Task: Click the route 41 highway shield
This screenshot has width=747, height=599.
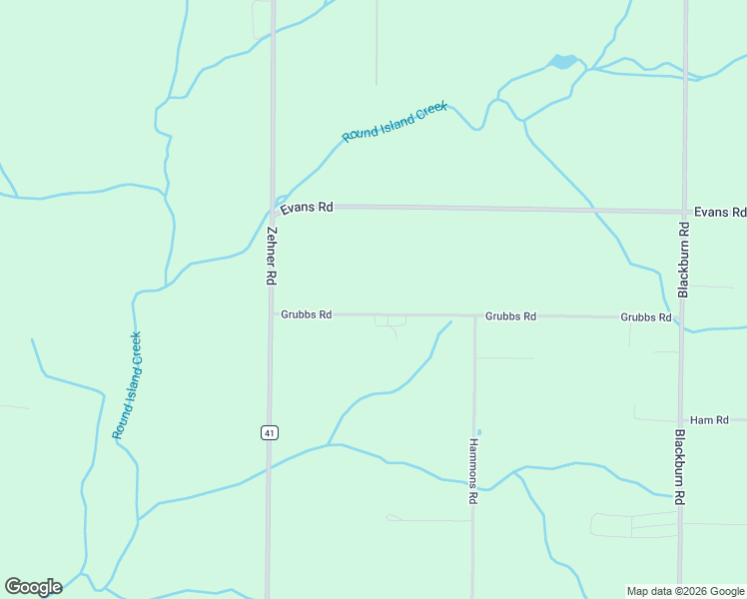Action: pos(270,432)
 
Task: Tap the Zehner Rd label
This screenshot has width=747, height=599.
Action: pos(271,258)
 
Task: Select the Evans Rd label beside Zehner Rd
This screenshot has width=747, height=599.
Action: pos(307,208)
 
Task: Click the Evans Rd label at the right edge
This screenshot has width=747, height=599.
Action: pos(719,213)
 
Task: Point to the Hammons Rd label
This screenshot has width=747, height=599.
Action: pos(473,471)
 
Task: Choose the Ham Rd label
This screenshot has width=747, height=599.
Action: pos(710,420)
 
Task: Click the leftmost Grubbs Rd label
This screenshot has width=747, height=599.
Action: pos(306,314)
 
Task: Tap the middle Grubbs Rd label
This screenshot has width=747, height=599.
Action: pos(510,315)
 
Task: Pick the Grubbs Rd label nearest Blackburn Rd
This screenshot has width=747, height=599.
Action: pos(645,316)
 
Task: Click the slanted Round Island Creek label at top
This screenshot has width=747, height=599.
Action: pos(394,122)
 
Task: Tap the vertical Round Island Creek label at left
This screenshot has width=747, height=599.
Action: pos(127,385)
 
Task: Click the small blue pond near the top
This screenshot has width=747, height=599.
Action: pos(562,62)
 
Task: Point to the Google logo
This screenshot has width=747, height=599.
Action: pos(33,587)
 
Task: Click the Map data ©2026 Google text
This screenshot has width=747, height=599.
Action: pos(685,591)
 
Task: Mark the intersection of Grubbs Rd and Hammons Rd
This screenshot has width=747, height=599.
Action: pos(474,315)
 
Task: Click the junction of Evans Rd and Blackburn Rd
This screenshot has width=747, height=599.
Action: pos(684,212)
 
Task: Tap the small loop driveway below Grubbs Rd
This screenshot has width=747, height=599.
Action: pos(390,320)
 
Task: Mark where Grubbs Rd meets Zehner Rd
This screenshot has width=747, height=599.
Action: pos(271,314)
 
